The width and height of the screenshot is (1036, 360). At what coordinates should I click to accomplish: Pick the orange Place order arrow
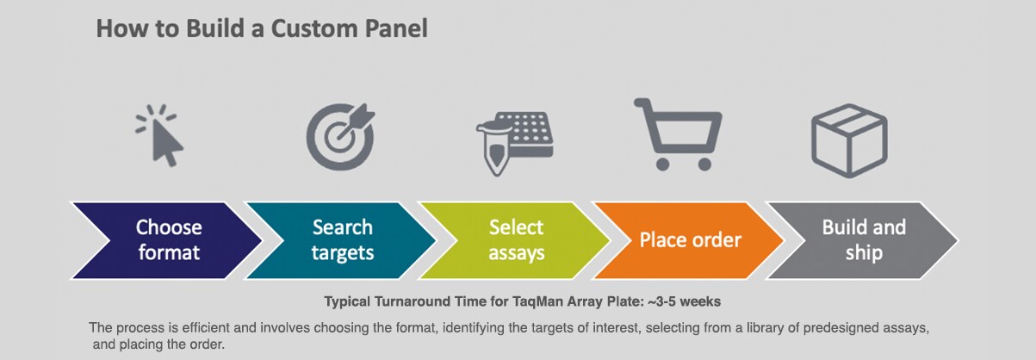click(690, 240)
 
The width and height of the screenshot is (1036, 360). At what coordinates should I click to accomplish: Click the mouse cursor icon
click(162, 137)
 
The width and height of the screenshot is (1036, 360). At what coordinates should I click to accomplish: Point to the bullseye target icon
click(338, 137)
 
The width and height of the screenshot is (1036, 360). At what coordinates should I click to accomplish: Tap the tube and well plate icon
click(513, 140)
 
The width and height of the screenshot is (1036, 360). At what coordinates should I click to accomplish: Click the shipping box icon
click(849, 137)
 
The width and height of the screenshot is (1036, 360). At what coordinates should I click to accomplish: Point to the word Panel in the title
click(396, 28)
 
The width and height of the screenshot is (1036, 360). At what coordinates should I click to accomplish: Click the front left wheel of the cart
click(661, 163)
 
